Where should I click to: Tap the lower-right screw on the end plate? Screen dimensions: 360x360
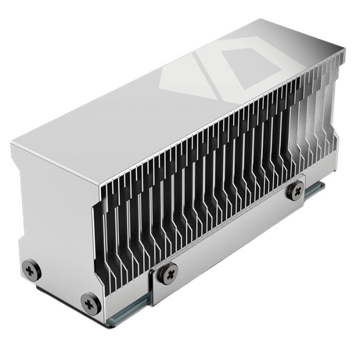(91, 303)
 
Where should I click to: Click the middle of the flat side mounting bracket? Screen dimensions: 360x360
(231, 242)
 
